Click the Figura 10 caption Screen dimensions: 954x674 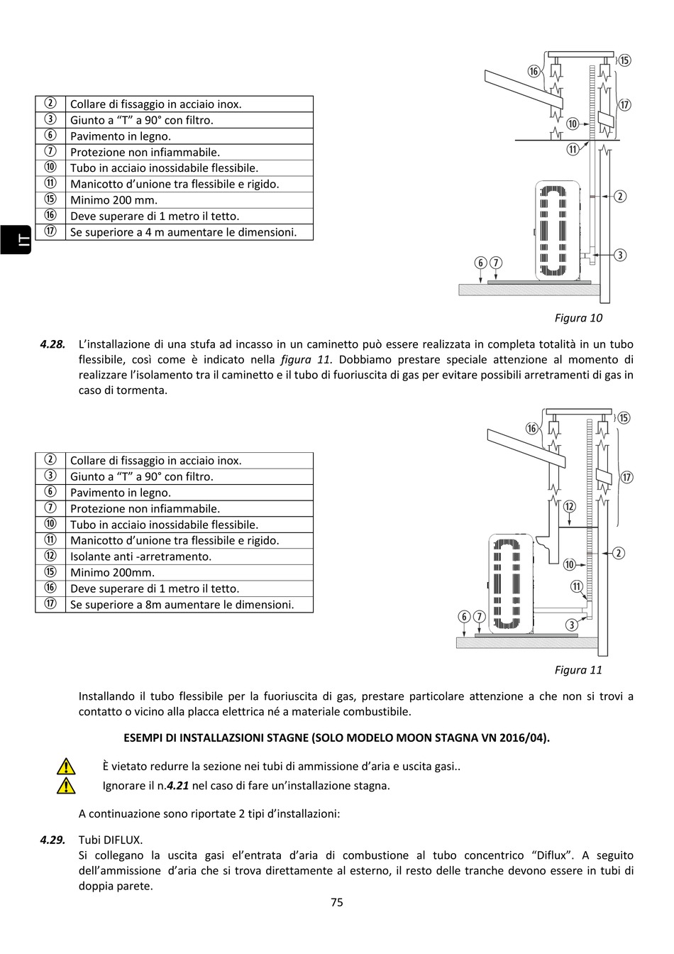tap(578, 318)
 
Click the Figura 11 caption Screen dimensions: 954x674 tap(578, 670)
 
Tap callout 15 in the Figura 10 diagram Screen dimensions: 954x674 tap(624, 60)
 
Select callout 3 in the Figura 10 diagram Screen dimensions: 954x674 tap(619, 255)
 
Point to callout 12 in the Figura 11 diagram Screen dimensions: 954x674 tap(569, 507)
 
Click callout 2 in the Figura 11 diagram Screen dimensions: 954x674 tap(618, 553)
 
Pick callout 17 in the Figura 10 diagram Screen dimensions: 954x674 tap(624, 105)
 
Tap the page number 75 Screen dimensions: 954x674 tap(337, 902)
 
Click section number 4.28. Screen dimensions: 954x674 tap(53, 344)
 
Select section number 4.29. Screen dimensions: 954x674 tap(53, 840)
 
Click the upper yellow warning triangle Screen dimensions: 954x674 tap(65, 767)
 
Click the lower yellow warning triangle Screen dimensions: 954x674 tap(65, 786)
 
